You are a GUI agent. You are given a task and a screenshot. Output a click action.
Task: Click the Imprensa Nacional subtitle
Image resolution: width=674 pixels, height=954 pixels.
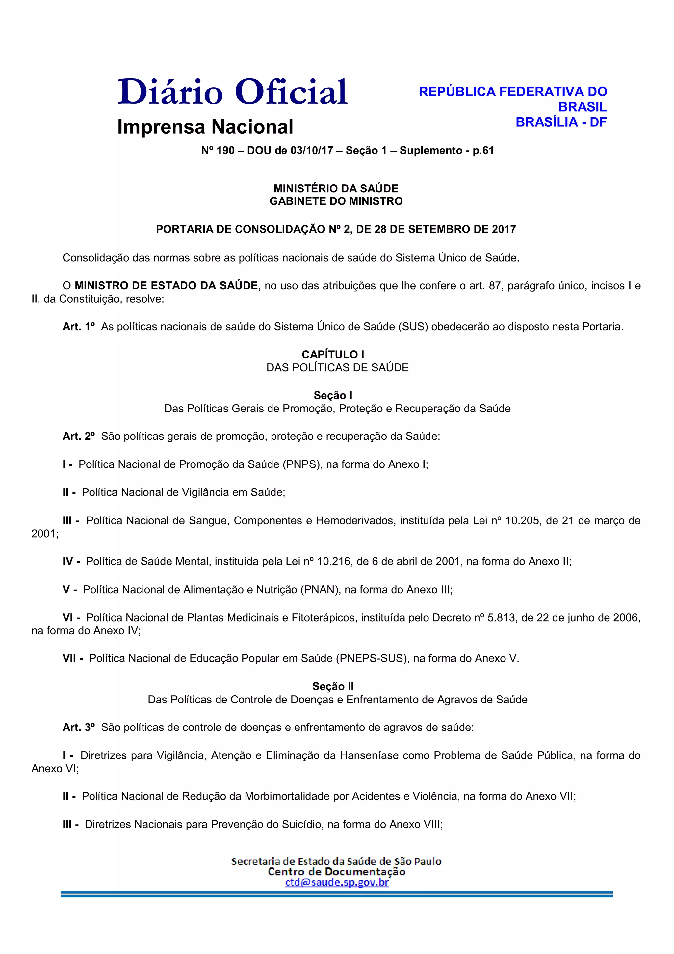(205, 127)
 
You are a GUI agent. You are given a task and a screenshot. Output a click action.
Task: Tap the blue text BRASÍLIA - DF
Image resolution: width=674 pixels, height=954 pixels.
(561, 122)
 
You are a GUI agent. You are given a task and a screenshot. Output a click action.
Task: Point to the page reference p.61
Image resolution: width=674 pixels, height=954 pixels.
(483, 150)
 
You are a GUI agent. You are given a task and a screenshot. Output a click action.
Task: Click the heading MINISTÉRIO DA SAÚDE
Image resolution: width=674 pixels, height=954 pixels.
(336, 188)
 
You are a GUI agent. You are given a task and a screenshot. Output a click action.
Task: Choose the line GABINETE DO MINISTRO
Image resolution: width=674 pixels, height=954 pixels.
(336, 201)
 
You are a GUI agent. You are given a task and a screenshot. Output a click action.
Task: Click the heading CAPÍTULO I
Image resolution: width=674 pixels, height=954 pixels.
(333, 355)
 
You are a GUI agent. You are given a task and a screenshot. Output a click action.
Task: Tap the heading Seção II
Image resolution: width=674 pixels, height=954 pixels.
(333, 686)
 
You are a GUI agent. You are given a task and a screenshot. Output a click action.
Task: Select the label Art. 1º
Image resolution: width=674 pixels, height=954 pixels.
(78, 327)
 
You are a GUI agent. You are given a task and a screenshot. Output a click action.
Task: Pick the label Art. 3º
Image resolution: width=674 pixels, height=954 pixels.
(78, 727)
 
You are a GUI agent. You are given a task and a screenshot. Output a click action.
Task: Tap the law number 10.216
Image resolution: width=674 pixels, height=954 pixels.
(335, 561)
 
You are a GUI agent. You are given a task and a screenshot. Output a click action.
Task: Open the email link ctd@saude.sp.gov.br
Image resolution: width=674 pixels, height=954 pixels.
(337, 882)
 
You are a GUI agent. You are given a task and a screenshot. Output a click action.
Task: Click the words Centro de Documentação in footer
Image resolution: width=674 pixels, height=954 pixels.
(337, 872)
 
